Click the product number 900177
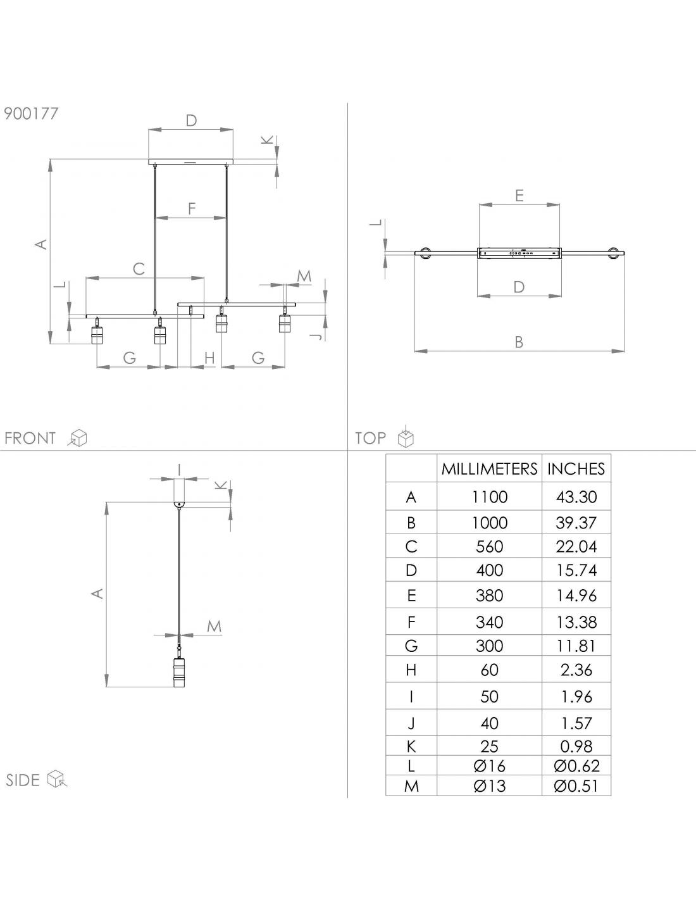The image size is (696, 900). click(31, 113)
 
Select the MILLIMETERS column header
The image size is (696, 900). click(489, 469)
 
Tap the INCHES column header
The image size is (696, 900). click(576, 469)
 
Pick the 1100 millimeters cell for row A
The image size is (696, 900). click(489, 497)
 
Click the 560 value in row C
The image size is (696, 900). click(489, 547)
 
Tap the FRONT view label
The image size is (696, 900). click(30, 438)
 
